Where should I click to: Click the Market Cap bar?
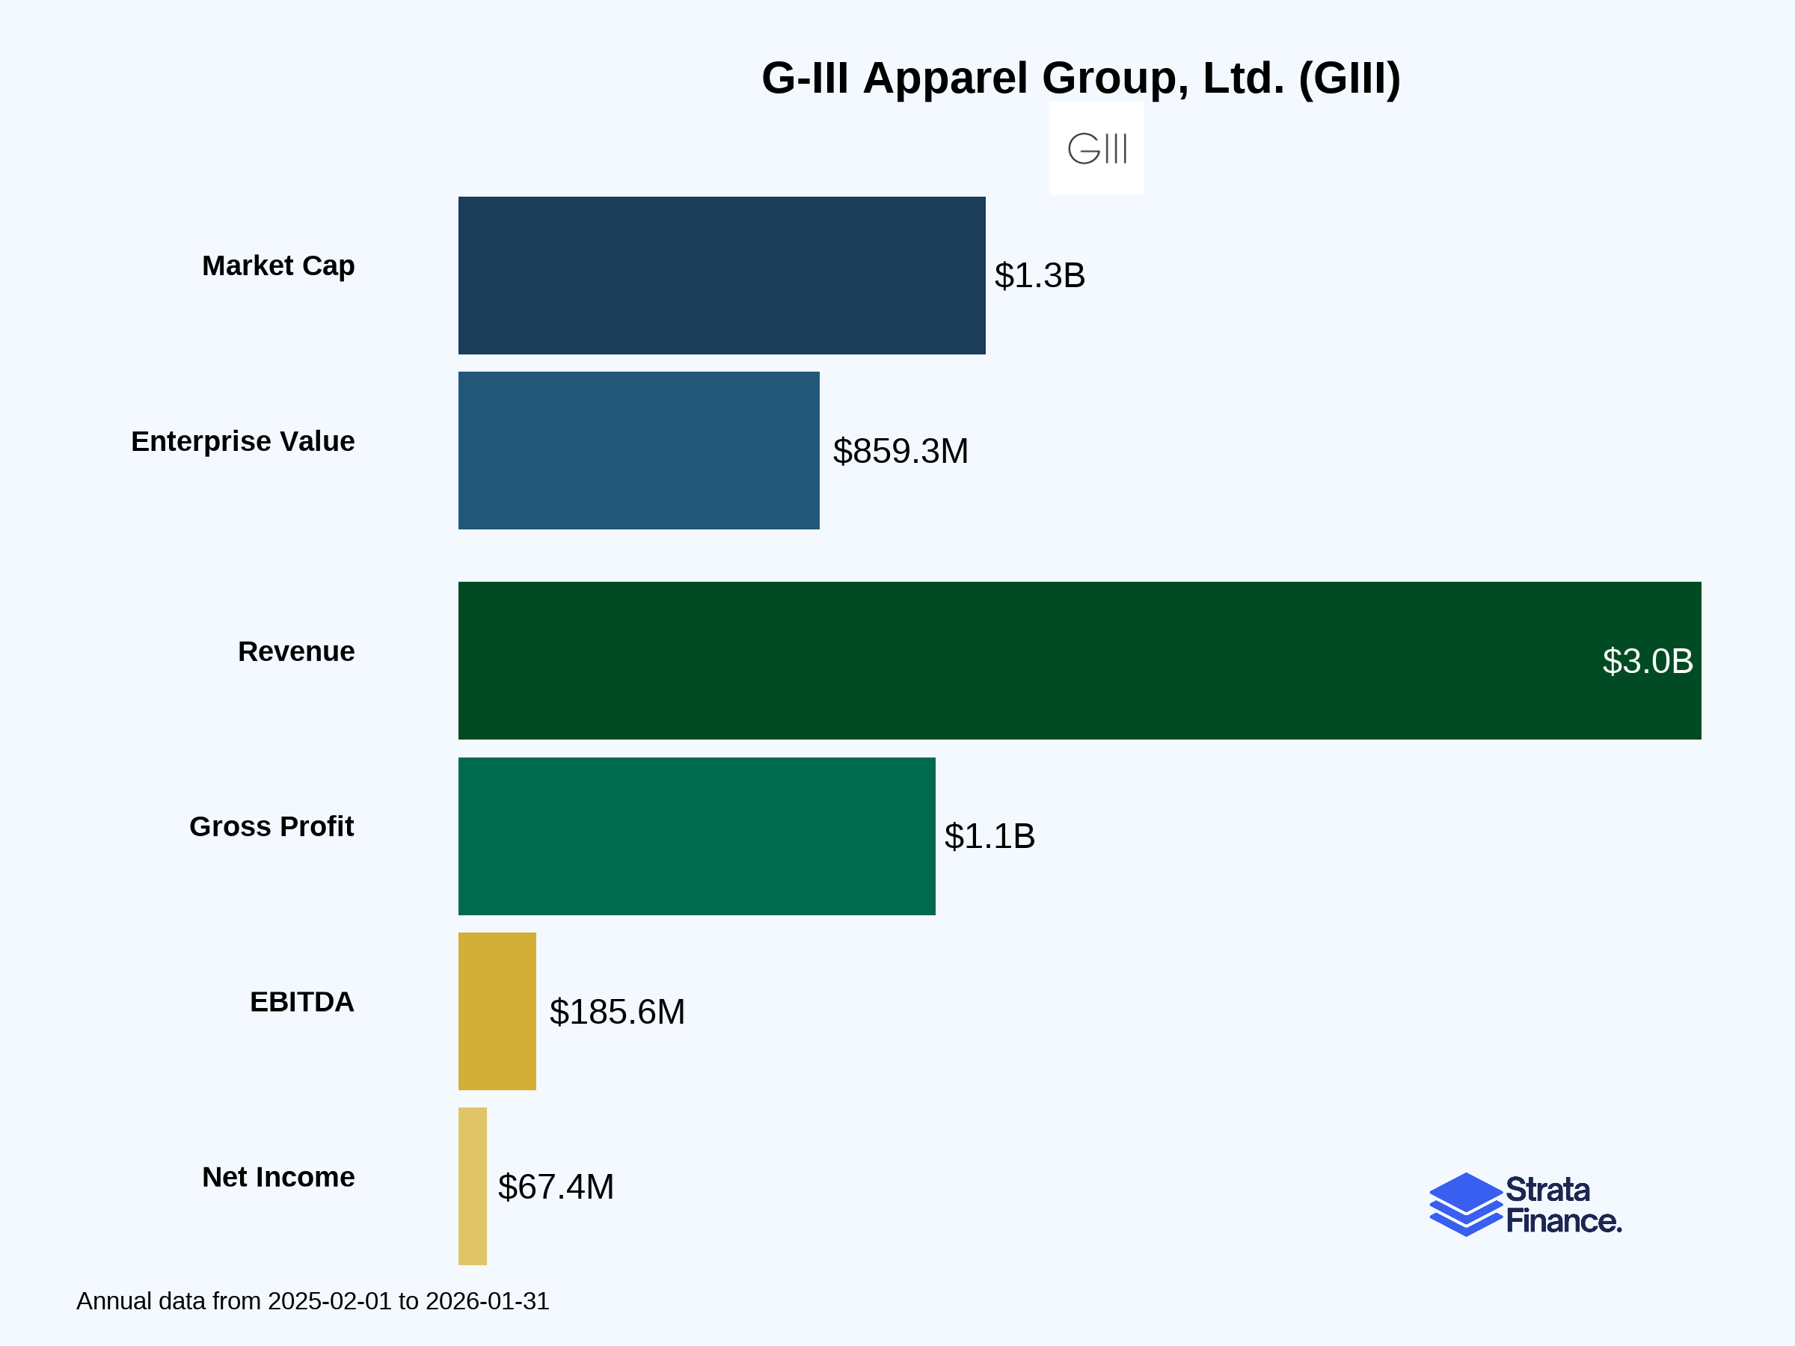click(722, 275)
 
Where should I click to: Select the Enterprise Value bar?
click(639, 450)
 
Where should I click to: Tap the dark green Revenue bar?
click(1079, 660)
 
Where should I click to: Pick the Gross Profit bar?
click(696, 836)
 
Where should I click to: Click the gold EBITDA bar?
click(497, 1011)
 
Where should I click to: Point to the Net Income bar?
click(472, 1186)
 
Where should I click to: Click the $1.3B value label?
click(1040, 276)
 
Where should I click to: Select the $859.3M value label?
click(900, 451)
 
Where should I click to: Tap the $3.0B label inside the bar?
click(1648, 661)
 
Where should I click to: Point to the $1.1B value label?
click(989, 837)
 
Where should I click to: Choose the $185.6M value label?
click(617, 1012)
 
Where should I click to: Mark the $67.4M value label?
click(556, 1187)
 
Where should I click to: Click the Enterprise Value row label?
click(242, 441)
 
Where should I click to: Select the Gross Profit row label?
click(271, 827)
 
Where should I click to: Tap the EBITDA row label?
click(302, 1002)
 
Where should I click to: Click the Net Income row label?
click(278, 1177)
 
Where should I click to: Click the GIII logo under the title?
click(1096, 149)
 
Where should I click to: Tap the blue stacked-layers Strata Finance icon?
click(1465, 1204)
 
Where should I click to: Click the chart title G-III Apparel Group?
click(1081, 79)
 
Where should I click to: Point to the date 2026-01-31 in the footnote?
click(487, 1301)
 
